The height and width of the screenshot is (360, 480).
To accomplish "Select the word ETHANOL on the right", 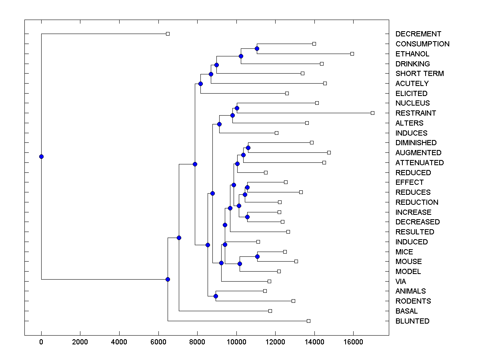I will tap(412, 54).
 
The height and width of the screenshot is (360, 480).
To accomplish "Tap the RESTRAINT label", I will tap(416, 113).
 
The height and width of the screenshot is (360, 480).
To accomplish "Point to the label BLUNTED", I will tap(412, 321).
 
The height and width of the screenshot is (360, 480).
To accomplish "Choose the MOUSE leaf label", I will tap(408, 262).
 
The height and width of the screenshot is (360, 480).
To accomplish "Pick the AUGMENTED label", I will tap(418, 152).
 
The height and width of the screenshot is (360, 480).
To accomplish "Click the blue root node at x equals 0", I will tap(41, 156).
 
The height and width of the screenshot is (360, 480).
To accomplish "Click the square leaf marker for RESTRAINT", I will tap(372, 113).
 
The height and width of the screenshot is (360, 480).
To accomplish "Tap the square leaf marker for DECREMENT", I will tap(168, 34).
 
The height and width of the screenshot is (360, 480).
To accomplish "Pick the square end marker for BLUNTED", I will tap(308, 321).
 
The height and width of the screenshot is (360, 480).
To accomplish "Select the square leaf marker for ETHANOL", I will tap(352, 54).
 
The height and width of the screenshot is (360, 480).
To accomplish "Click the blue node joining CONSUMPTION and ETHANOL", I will tap(257, 48).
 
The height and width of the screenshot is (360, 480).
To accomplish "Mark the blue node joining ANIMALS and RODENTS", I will tap(216, 296).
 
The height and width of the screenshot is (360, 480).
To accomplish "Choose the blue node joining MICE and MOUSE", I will tap(257, 256).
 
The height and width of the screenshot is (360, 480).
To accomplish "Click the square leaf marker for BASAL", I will tap(270, 311).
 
